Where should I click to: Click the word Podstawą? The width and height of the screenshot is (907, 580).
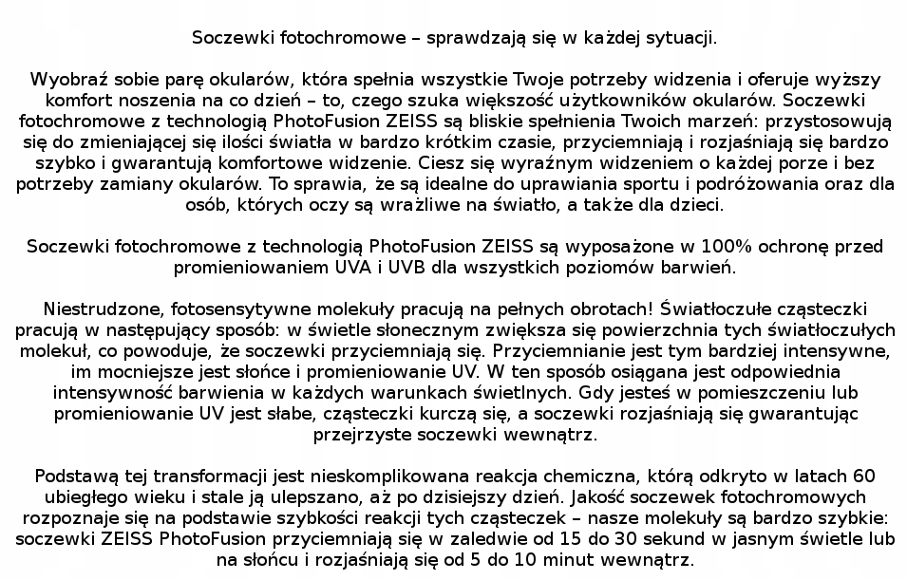[x=73, y=476]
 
